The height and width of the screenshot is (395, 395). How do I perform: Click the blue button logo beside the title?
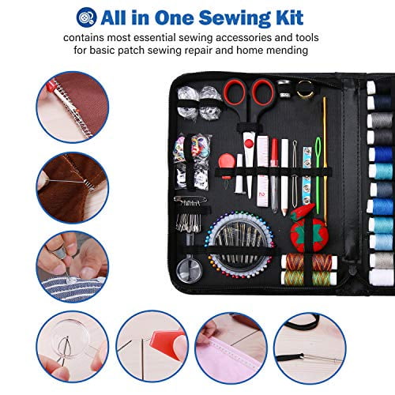tap(86, 17)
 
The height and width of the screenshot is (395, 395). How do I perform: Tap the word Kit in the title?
tap(289, 17)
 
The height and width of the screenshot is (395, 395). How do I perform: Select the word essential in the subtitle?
tap(155, 38)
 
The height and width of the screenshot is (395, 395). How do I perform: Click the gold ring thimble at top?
tap(306, 89)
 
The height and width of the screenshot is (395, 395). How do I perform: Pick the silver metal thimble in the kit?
tap(284, 88)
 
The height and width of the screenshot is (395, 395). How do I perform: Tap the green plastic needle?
tap(318, 174)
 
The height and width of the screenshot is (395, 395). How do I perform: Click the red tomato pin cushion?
tap(307, 234)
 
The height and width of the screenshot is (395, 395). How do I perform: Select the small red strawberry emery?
tap(303, 212)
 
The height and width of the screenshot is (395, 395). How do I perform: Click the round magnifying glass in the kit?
tap(189, 269)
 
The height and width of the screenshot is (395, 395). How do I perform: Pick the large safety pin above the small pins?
tap(190, 199)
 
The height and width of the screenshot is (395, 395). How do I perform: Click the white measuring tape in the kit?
tap(262, 171)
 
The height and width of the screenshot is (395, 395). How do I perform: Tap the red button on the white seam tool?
tap(249, 144)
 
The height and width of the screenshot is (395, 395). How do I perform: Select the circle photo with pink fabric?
tap(231, 348)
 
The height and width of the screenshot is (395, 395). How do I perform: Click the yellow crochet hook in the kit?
tap(325, 160)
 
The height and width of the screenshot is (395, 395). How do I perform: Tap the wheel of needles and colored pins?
tap(240, 245)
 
